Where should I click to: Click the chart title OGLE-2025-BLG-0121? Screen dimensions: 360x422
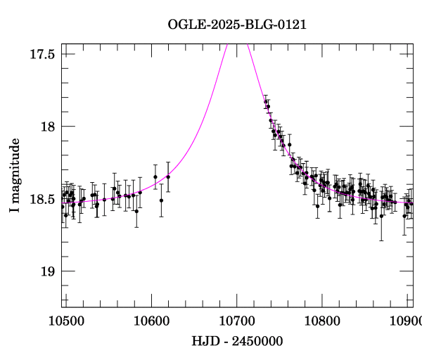[x=237, y=25]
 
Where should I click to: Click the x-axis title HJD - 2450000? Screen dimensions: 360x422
[x=237, y=342]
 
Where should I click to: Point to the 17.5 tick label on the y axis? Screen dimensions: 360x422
[x=41, y=54]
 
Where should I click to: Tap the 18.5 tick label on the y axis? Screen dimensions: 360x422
[x=41, y=199]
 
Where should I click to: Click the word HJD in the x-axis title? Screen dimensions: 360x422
[x=204, y=342]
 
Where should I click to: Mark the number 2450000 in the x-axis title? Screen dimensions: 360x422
[x=255, y=342]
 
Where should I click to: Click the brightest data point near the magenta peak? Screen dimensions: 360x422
[x=266, y=103]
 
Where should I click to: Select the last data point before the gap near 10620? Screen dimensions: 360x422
[x=168, y=176]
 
